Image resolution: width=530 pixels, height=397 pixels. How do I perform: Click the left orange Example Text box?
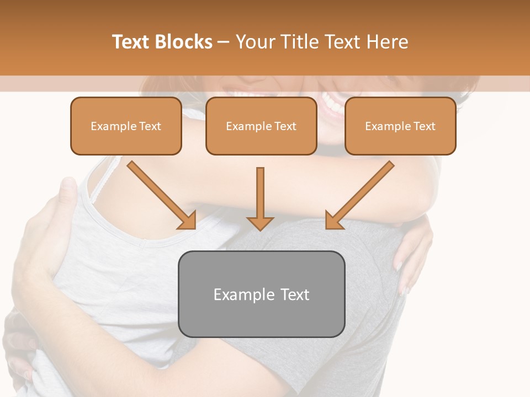point(126,126)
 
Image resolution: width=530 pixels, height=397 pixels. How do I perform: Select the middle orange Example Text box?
point(261,126)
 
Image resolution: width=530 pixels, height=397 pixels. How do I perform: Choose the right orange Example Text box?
point(400,126)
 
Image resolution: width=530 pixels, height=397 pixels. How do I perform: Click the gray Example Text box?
point(261,294)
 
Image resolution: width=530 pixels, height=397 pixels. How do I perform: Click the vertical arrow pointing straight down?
point(260,198)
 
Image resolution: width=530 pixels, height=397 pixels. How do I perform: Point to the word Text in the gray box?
point(294,294)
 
